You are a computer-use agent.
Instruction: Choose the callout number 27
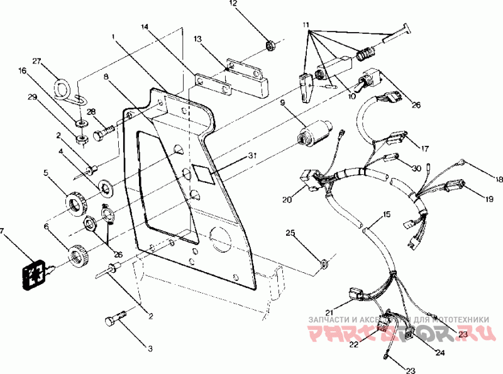[36, 62]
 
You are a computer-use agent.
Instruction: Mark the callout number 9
[283, 102]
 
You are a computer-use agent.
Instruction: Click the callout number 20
[287, 200]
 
